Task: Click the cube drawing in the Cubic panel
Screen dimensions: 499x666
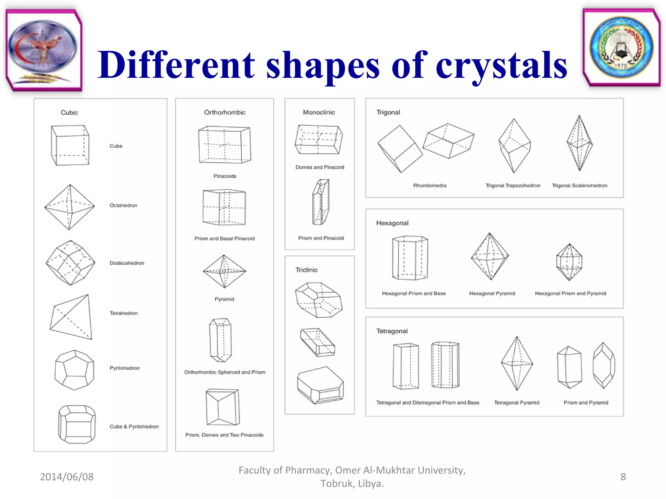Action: click(70, 145)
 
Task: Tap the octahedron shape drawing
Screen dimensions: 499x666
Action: click(69, 207)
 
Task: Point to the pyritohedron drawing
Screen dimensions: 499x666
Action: click(74, 370)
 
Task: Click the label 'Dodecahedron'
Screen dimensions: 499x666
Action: click(127, 263)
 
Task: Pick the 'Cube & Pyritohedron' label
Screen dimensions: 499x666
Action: click(134, 426)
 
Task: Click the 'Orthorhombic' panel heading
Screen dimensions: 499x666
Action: click(225, 112)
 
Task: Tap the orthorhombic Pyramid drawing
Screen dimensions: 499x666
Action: click(224, 272)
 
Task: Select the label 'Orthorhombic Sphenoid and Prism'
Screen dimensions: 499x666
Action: click(225, 372)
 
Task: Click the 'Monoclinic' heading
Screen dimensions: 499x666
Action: click(319, 112)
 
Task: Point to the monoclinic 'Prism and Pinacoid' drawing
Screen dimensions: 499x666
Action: click(321, 202)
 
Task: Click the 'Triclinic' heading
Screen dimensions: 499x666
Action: click(306, 270)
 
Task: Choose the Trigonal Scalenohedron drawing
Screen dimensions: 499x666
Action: click(579, 143)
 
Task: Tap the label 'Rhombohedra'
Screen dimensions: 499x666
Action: click(430, 186)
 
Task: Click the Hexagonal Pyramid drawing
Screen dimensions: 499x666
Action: click(490, 256)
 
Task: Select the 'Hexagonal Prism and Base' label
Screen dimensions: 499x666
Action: click(414, 293)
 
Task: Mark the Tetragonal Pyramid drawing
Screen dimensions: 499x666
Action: click(517, 364)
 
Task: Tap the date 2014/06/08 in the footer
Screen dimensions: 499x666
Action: click(67, 477)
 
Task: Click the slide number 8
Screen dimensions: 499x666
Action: click(623, 477)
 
